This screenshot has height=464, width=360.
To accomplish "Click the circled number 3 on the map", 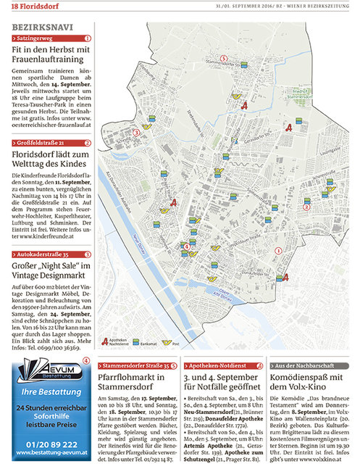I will [137, 133].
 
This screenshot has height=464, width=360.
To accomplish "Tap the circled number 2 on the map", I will [327, 206].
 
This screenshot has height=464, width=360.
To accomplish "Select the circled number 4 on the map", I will [187, 247].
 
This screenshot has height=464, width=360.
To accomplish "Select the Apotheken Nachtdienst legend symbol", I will [104, 340].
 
